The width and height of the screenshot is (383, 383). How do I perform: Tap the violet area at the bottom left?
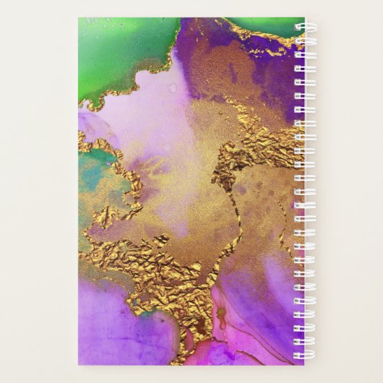[116, 332]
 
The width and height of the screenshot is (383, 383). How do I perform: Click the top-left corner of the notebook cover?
[79, 19]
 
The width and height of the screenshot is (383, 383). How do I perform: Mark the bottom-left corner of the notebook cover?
[79, 364]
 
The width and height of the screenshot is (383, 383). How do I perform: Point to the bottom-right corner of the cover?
[304, 364]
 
